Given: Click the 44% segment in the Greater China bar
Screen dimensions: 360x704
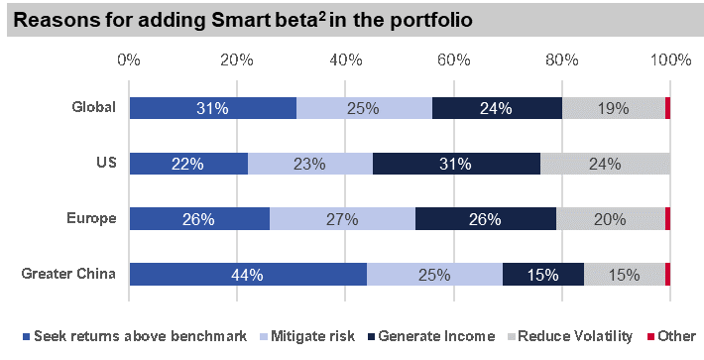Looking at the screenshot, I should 248,276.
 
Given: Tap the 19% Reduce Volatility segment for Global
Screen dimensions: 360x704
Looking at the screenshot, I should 613,108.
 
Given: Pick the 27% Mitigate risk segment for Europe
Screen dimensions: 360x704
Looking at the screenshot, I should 342,220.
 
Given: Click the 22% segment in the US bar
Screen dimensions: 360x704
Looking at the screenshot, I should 188,164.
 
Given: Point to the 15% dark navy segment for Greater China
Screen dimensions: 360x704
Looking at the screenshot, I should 543,276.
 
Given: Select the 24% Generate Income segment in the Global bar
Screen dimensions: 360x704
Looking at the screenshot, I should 497,108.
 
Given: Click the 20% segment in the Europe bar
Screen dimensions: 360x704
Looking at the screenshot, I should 610,220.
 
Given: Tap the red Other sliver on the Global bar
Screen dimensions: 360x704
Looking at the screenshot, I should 667,108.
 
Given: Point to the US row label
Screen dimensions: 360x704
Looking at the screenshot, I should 108,164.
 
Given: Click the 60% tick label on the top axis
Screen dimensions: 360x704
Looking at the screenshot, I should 453,61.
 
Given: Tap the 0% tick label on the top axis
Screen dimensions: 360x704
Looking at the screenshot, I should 129,61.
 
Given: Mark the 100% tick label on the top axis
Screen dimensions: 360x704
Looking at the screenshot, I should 670,61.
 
